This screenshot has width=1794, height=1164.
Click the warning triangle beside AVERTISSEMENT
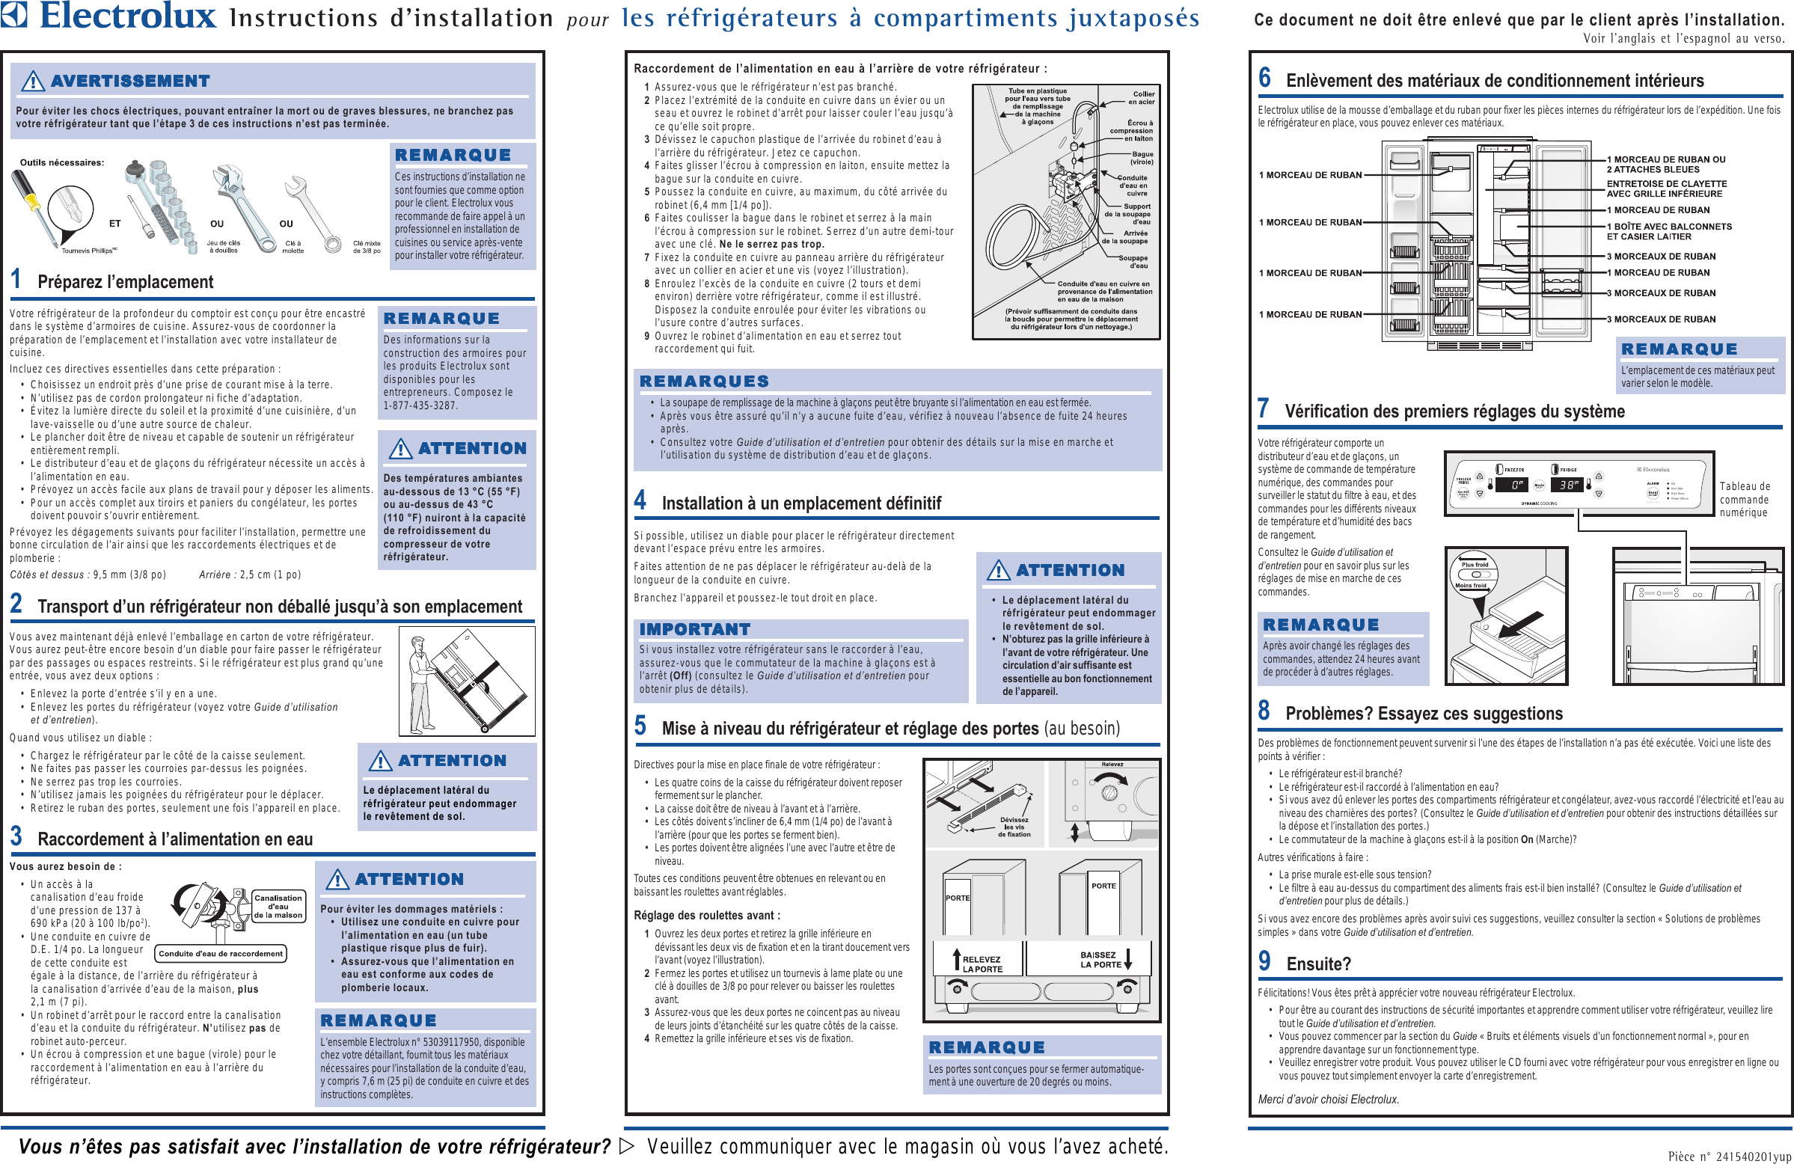[x=32, y=81]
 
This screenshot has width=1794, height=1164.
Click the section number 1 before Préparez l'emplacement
[x=16, y=280]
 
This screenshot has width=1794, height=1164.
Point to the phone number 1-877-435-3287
[x=420, y=405]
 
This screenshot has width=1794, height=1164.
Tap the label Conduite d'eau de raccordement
[x=220, y=954]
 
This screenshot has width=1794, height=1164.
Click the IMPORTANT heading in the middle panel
[x=694, y=629]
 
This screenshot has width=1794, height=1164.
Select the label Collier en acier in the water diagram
[x=1141, y=98]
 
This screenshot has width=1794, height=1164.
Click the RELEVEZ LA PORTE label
[x=981, y=964]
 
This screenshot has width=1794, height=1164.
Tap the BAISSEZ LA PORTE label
[x=1100, y=959]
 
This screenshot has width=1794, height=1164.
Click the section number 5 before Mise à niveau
[x=640, y=726]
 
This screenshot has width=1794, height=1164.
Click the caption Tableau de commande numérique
[x=1745, y=500]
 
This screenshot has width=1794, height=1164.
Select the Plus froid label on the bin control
[x=1475, y=564]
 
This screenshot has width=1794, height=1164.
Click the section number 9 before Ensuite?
[x=1264, y=961]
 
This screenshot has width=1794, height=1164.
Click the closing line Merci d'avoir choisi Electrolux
[x=1327, y=1099]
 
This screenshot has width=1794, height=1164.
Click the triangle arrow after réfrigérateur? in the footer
[x=626, y=1147]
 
